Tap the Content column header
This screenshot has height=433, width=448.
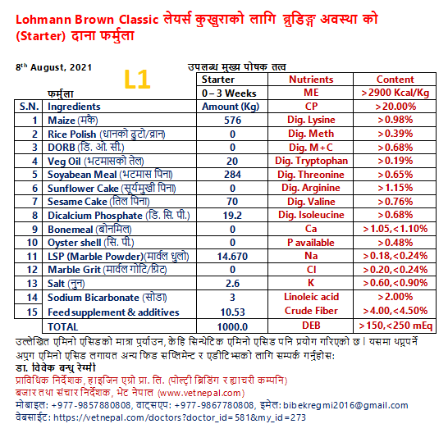pyautogui.click(x=395, y=80)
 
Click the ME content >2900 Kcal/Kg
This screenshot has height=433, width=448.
pyautogui.click(x=395, y=93)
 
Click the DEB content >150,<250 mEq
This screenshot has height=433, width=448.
pyautogui.click(x=395, y=326)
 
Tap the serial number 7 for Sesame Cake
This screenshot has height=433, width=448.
pyautogui.click(x=34, y=202)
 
